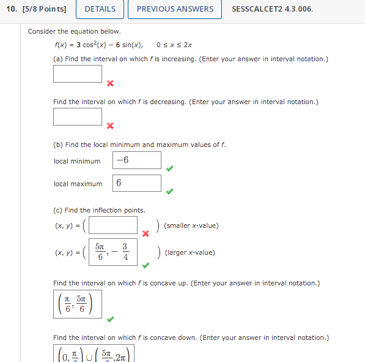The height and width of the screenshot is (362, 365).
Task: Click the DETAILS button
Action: (x=100, y=9)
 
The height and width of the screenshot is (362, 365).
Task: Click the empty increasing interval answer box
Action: (x=78, y=74)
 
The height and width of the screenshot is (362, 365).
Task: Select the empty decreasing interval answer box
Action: (x=78, y=116)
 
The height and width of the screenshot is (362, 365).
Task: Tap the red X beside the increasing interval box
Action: (x=110, y=83)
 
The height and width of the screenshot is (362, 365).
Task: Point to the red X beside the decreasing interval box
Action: (x=110, y=126)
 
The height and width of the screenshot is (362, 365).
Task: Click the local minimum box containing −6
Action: (x=137, y=160)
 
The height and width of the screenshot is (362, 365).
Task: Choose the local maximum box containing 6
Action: (x=137, y=183)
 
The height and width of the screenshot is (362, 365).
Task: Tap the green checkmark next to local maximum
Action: (x=170, y=191)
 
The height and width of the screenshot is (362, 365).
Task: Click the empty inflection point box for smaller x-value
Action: (x=113, y=225)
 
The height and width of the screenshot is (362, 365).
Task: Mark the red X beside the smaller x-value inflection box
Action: (x=146, y=233)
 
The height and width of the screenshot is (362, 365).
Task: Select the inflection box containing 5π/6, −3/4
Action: (x=113, y=252)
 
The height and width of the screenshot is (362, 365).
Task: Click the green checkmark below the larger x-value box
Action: (x=146, y=266)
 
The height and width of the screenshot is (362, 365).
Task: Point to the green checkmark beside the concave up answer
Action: (x=110, y=319)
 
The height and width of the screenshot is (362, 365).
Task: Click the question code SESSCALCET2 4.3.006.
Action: (x=273, y=9)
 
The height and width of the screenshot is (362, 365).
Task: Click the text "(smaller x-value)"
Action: (x=191, y=225)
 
